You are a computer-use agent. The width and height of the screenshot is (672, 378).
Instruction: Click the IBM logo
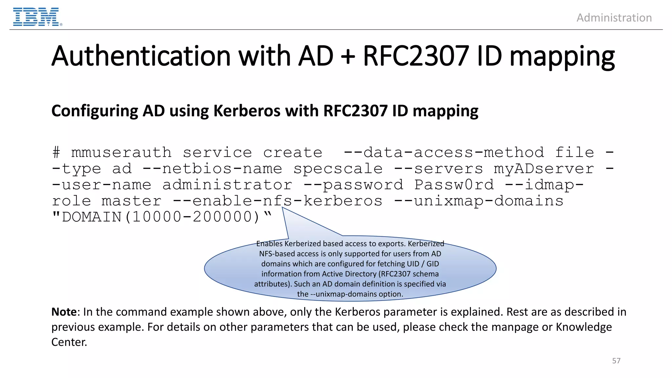click(x=36, y=17)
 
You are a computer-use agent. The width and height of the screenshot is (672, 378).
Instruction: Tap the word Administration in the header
click(x=614, y=18)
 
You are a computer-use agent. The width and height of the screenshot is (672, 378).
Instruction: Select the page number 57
click(x=616, y=361)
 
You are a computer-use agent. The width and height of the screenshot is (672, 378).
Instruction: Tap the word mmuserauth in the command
click(x=121, y=153)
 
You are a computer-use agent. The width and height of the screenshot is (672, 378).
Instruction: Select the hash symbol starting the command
click(x=56, y=153)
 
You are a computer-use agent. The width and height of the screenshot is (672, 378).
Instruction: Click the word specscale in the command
click(x=338, y=169)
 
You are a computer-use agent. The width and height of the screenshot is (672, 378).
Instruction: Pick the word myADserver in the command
click(x=544, y=169)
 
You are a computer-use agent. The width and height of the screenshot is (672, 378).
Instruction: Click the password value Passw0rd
click(x=454, y=185)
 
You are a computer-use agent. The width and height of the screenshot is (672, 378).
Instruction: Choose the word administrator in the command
click(x=227, y=185)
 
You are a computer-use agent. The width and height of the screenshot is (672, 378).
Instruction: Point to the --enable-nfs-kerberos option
click(x=278, y=201)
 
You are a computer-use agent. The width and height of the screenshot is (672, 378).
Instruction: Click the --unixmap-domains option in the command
click(x=479, y=201)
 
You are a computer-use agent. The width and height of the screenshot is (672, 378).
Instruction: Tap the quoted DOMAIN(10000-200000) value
click(x=161, y=217)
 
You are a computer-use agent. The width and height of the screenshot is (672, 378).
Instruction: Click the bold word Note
click(x=64, y=312)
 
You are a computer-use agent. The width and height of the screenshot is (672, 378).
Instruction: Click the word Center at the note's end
click(x=69, y=342)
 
